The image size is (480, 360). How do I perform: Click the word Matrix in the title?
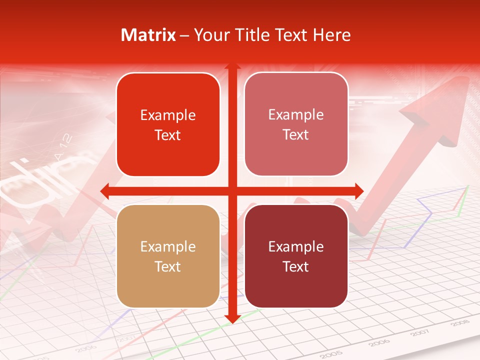pos(148,35)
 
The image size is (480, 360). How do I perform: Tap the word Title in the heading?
pos(255,35)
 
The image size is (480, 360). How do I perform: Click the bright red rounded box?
pos(168,124)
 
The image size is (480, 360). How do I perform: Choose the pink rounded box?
pos(296,124)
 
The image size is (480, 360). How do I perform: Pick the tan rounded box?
pos(168,256)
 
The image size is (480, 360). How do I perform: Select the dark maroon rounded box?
pos(296,256)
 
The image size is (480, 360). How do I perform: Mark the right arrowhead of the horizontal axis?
pos(358,191)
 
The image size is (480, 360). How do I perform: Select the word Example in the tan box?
pos(168,246)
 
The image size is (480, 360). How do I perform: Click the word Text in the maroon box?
pos(296,266)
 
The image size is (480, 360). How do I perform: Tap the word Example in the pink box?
pos(296,114)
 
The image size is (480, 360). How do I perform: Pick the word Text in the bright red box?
pos(168,135)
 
